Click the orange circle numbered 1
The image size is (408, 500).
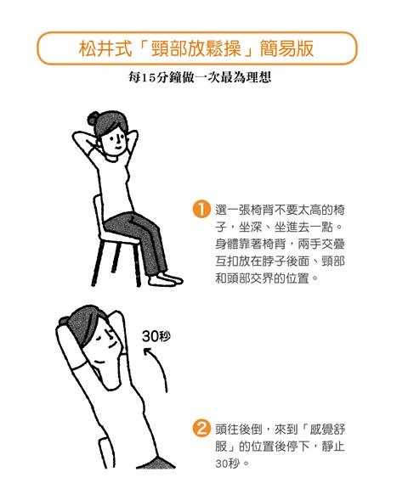[201, 209]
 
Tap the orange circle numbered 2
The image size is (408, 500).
[201, 428]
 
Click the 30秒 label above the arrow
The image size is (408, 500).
[156, 336]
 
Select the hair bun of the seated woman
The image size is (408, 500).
[93, 118]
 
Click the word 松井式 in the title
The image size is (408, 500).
[105, 49]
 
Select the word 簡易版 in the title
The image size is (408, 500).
[286, 49]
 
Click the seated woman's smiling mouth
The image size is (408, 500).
[116, 149]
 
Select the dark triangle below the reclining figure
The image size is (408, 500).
[156, 463]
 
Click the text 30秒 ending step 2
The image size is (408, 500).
[227, 463]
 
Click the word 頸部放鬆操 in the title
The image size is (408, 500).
[196, 49]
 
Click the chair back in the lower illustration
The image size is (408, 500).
[106, 452]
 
